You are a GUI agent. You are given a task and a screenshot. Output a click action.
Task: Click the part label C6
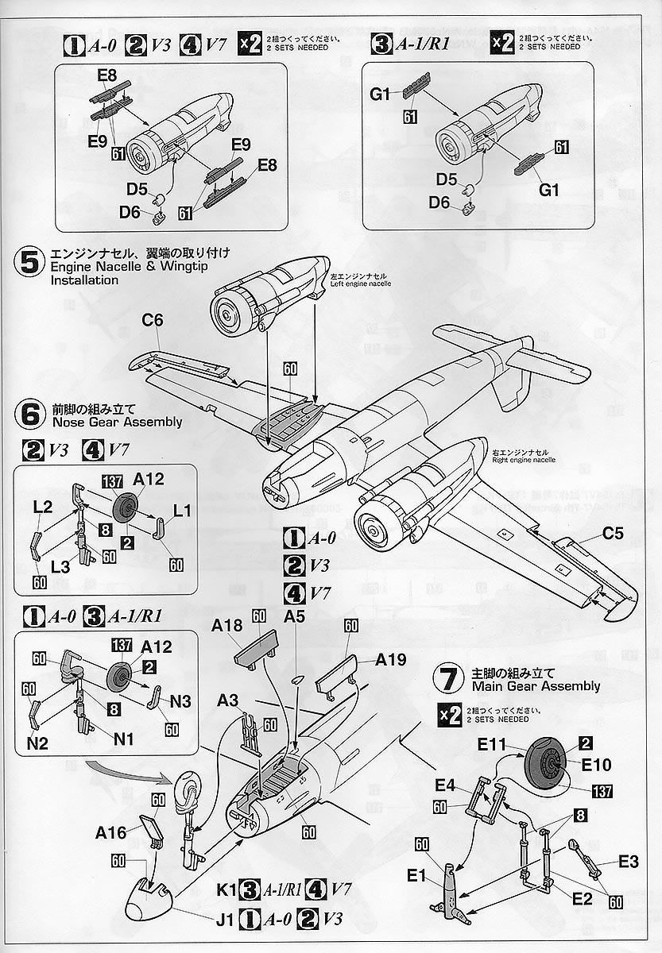coord(153,321)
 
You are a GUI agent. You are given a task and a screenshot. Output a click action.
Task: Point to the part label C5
coord(612,534)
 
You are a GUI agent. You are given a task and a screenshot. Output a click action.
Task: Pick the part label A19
coord(390,659)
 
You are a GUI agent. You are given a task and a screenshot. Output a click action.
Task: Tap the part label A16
coord(111,832)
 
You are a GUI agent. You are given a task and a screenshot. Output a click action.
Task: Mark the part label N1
coord(122,738)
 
